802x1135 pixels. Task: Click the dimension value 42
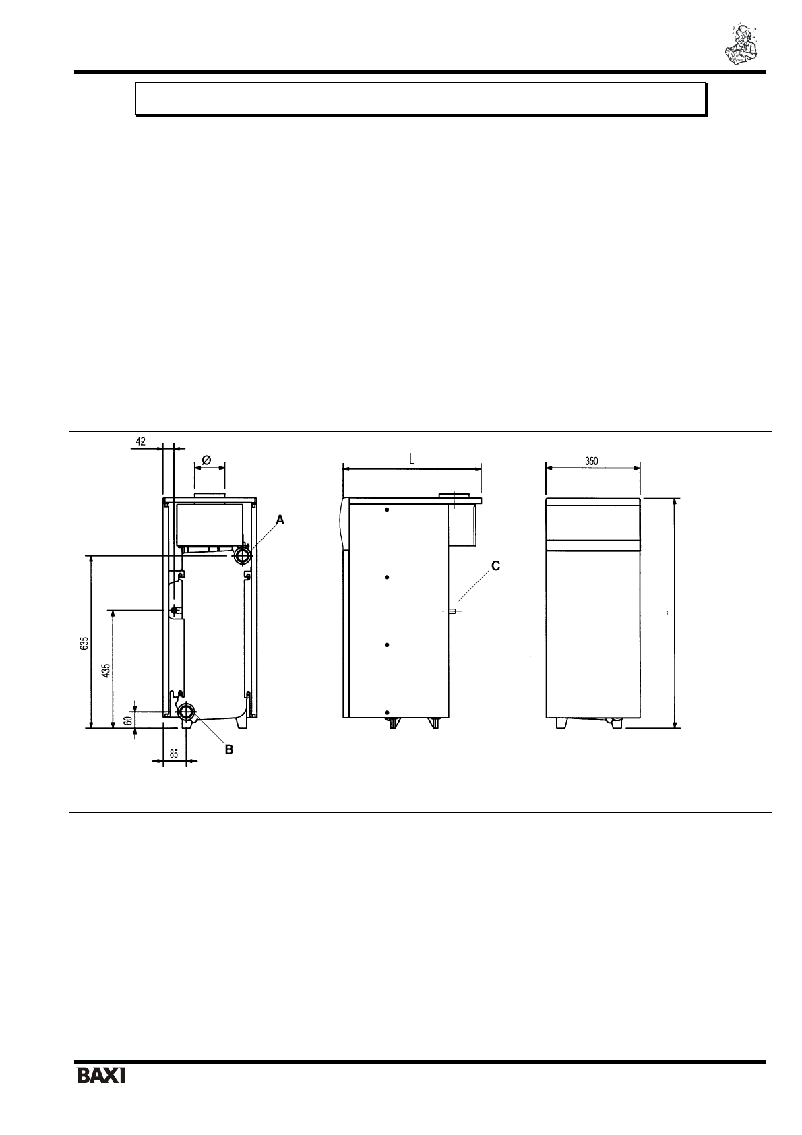pos(140,441)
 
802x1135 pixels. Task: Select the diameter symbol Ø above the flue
pos(206,460)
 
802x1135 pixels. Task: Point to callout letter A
pos(280,520)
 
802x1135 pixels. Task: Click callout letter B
pos(229,749)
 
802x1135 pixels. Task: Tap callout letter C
pos(495,566)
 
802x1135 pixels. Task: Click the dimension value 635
pos(85,644)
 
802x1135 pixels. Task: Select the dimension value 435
pos(106,671)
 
